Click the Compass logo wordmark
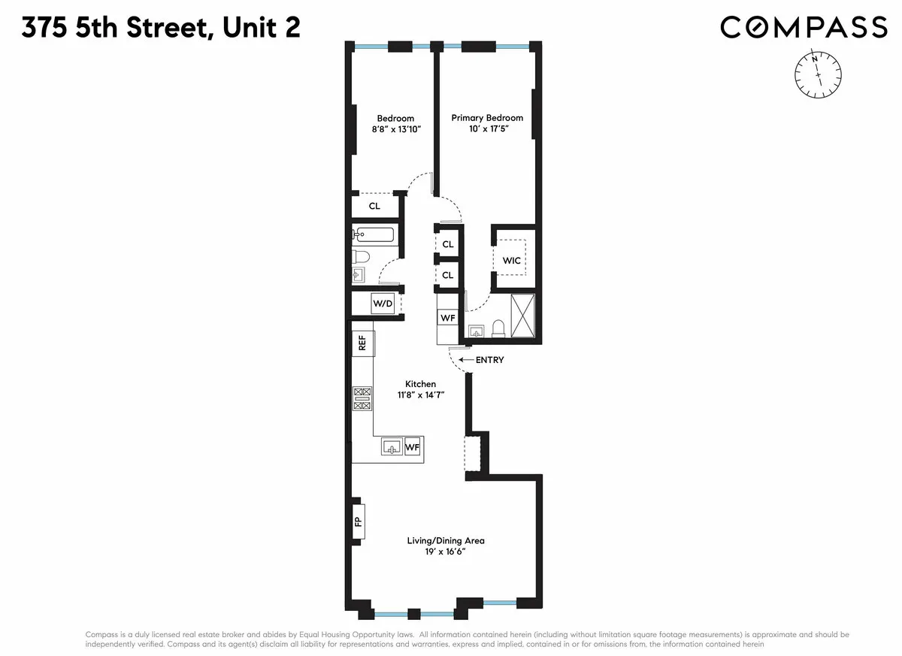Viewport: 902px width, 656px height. [804, 27]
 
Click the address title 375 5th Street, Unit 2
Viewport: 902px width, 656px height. [162, 28]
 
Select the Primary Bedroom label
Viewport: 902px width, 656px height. [487, 118]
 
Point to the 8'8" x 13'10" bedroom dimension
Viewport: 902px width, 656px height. [396, 129]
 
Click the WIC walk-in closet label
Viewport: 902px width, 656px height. [512, 261]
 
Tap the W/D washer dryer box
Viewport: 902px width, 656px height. [383, 304]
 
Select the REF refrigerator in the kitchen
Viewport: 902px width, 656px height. [362, 343]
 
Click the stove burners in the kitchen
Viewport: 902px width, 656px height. [362, 398]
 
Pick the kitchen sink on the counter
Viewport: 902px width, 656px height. [392, 447]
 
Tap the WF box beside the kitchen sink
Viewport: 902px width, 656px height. [413, 447]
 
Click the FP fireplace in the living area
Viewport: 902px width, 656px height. [359, 519]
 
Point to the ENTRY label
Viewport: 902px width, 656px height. [489, 360]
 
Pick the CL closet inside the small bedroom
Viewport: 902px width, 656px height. [374, 206]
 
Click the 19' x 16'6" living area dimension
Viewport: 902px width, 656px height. [446, 552]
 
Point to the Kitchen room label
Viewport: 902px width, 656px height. [416, 384]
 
